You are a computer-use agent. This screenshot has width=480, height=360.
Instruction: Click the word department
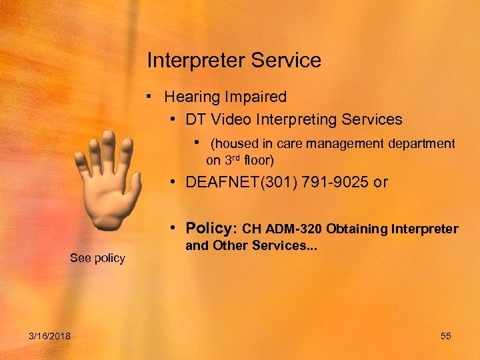423,144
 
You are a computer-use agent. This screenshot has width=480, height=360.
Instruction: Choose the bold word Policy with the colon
209,229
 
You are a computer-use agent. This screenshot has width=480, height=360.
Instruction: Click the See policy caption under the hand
97,258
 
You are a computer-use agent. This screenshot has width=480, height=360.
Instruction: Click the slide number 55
446,336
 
